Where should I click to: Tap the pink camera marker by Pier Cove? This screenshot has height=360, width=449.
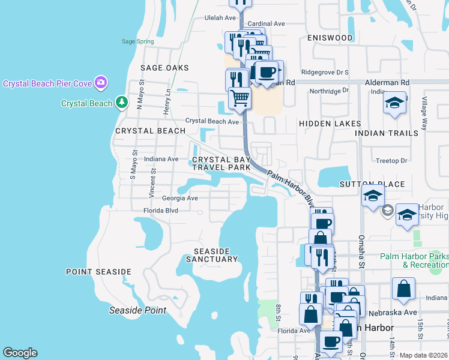[x=101, y=82]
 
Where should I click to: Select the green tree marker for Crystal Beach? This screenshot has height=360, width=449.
[x=122, y=103]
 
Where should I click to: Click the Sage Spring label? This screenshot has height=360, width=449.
[x=137, y=41]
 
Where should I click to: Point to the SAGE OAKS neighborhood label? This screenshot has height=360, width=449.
[x=164, y=68]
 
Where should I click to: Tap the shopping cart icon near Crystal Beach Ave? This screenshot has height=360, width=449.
[x=240, y=97]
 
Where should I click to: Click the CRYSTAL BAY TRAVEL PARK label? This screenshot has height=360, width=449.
[x=221, y=164]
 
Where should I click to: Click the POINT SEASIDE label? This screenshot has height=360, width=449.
[x=98, y=272]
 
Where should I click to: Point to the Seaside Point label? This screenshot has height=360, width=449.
[x=137, y=311]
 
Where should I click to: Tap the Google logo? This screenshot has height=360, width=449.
[x=20, y=353]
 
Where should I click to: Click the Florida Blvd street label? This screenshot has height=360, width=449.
[x=161, y=211]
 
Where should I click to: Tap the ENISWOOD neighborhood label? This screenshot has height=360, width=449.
[x=330, y=38]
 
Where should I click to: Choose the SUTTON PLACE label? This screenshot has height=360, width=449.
[x=372, y=184]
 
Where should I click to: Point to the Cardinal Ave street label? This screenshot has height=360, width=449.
[x=266, y=24]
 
